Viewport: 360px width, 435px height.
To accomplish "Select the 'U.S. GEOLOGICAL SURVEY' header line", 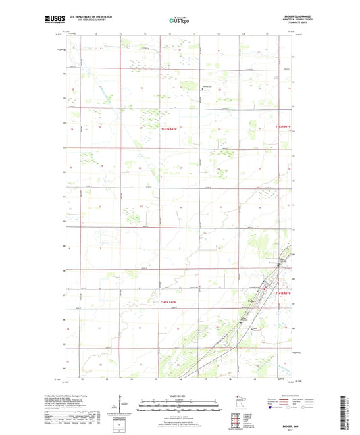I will point(84,22).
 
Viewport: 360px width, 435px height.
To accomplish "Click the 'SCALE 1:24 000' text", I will point(180,396).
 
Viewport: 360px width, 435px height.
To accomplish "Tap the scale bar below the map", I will point(180,407).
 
